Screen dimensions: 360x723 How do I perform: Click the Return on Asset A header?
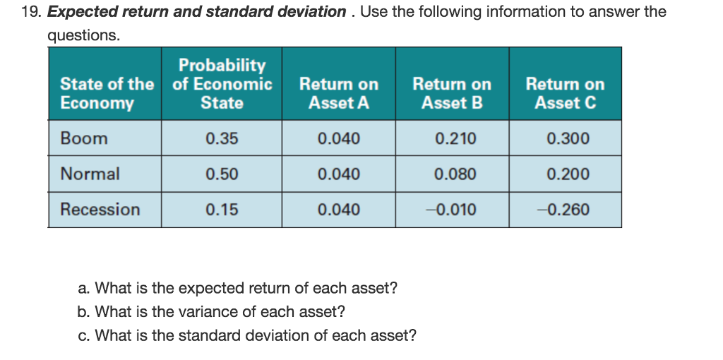click(x=339, y=93)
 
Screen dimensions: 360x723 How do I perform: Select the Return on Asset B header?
click(x=452, y=93)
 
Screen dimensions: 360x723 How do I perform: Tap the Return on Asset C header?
click(x=565, y=93)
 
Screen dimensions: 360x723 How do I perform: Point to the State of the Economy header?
click(x=106, y=93)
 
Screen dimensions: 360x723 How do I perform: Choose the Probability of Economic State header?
click(x=222, y=84)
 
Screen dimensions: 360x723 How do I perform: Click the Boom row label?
click(x=84, y=138)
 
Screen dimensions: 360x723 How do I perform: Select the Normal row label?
click(x=90, y=174)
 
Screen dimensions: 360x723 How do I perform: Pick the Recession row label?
click(x=100, y=210)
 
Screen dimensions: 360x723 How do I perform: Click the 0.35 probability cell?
click(x=222, y=138)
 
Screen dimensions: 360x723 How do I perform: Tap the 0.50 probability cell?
click(x=222, y=174)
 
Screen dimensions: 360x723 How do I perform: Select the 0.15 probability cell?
click(x=222, y=210)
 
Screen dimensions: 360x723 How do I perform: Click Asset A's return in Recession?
click(x=339, y=210)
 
